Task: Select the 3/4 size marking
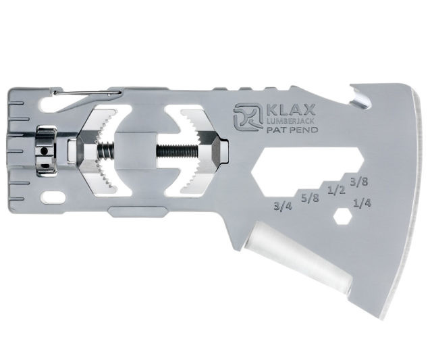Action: tap(283, 206)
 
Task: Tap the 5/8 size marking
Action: tap(310, 198)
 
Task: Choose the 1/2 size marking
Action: tap(334, 190)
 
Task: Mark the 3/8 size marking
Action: tap(358, 180)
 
